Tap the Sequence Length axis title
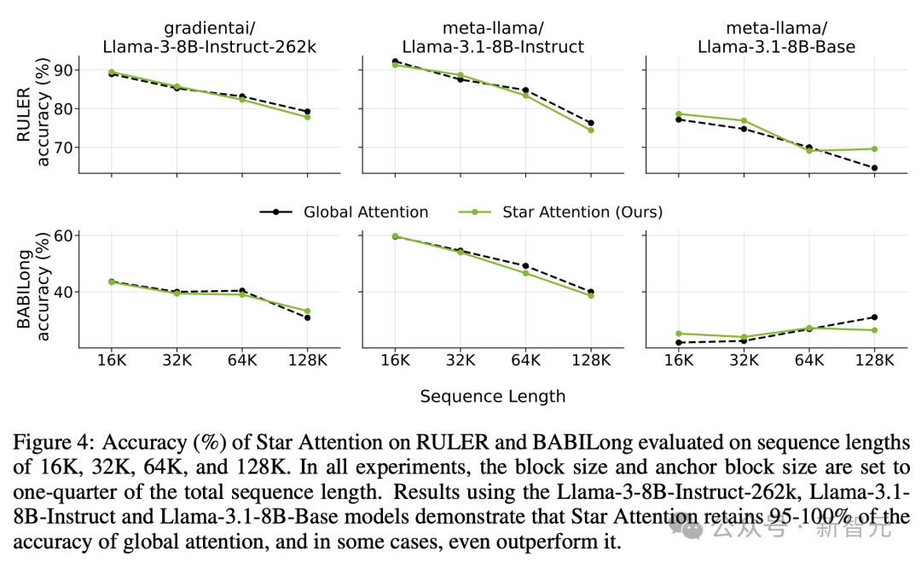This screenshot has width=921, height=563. [493, 396]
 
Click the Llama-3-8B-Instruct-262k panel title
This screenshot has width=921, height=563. [209, 46]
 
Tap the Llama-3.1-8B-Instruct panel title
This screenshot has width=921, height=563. [492, 46]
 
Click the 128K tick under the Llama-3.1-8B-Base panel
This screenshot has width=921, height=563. [874, 361]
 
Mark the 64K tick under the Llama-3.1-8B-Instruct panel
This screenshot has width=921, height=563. [525, 361]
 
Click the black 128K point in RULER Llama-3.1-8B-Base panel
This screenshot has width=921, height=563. [874, 168]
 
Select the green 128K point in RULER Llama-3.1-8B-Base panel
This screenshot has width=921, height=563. [874, 148]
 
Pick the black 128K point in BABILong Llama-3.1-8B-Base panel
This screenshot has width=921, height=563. [874, 317]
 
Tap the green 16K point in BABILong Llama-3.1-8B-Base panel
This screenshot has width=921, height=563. [679, 334]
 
